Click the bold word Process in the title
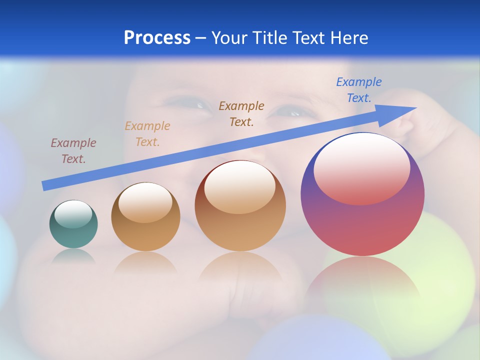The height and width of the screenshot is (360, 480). click(157, 38)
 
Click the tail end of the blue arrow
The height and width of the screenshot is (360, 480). click(45, 185)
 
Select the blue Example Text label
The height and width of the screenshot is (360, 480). click(359, 90)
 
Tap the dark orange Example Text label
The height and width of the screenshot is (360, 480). click(241, 113)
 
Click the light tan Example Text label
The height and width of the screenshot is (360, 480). click(147, 133)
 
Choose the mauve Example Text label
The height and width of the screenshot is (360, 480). click(73, 150)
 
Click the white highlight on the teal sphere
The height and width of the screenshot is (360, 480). click(73, 214)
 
